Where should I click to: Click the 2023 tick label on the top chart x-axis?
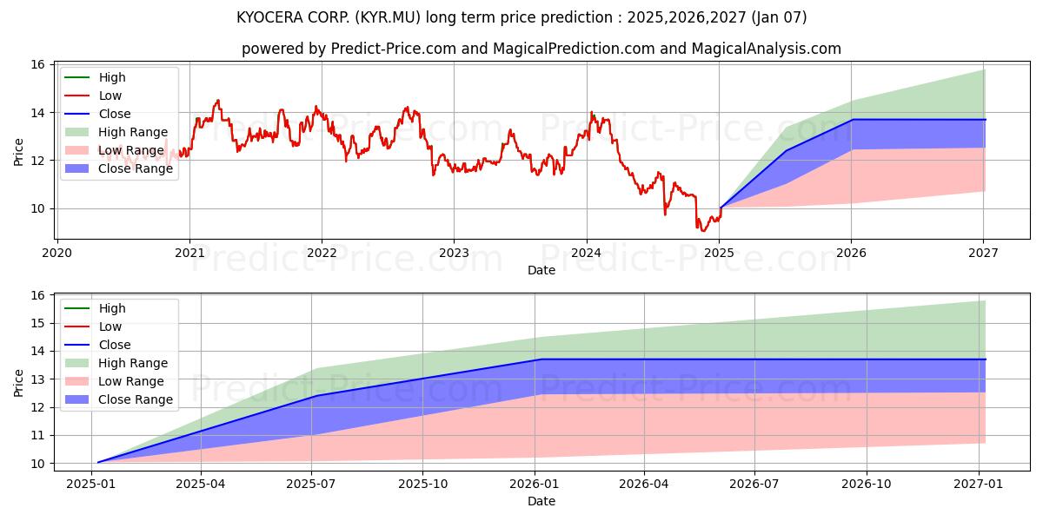pyautogui.click(x=454, y=253)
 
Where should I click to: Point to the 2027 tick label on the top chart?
pyautogui.click(x=983, y=253)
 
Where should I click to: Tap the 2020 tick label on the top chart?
pyautogui.click(x=57, y=253)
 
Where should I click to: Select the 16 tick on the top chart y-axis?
pyautogui.click(x=37, y=64)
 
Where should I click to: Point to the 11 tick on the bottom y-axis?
pyautogui.click(x=37, y=435)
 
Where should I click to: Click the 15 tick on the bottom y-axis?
pyautogui.click(x=37, y=323)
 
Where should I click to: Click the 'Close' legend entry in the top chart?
pyautogui.click(x=115, y=114)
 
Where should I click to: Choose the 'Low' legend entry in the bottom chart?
pyautogui.click(x=110, y=326)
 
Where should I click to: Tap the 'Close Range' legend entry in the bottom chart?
pyautogui.click(x=135, y=399)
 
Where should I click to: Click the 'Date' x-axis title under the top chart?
pyautogui.click(x=541, y=270)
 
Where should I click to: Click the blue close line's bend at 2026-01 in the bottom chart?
pyautogui.click(x=540, y=359)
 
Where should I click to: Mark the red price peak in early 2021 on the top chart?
pyautogui.click(x=217, y=100)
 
